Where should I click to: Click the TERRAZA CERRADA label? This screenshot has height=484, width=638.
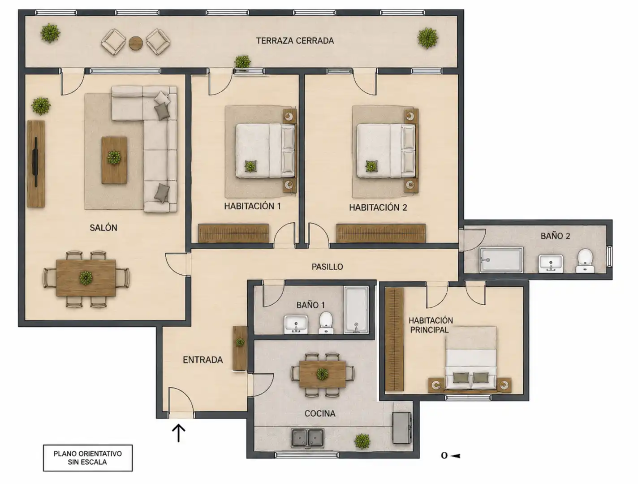click(x=295, y=41)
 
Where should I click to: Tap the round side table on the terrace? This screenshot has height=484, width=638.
click(x=136, y=43)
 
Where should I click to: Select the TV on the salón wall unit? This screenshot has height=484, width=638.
click(x=36, y=162)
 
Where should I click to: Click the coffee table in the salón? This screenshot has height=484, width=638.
click(x=114, y=160)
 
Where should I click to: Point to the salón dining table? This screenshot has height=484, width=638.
click(x=86, y=278)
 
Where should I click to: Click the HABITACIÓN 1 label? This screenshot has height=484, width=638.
click(x=252, y=206)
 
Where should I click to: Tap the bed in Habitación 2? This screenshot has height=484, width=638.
click(x=386, y=151)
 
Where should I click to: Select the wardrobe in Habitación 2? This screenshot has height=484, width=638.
click(x=381, y=233)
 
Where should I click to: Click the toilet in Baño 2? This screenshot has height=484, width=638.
click(x=585, y=261)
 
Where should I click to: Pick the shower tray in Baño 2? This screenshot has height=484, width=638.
click(x=501, y=260)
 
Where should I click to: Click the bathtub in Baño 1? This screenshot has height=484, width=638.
click(x=356, y=310)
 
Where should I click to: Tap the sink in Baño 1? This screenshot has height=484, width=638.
click(x=296, y=324)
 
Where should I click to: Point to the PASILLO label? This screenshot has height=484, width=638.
click(x=327, y=267)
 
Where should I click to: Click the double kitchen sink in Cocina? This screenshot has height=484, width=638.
click(x=307, y=439)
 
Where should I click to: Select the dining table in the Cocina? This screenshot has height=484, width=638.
click(x=322, y=374)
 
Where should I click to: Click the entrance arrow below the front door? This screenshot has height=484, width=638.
click(x=178, y=433)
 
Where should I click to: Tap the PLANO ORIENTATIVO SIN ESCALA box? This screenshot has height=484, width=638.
click(x=88, y=458)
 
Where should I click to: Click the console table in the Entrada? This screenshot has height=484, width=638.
click(x=240, y=348)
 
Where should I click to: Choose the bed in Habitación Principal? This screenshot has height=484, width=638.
click(x=470, y=358)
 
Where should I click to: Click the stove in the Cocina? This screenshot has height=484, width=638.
click(x=402, y=428)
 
